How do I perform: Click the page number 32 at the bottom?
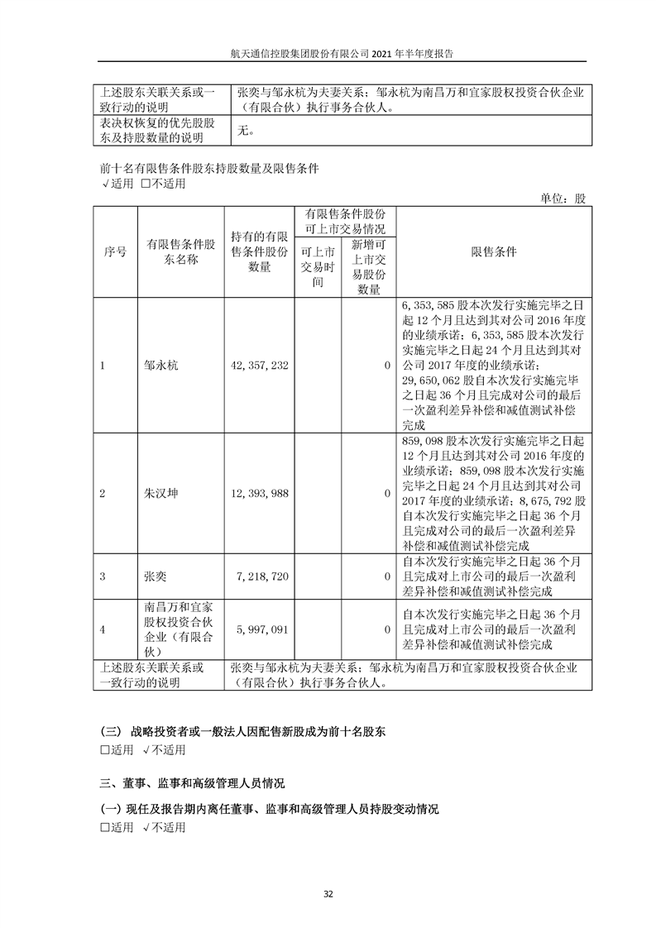click(328, 894)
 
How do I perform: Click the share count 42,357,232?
click(259, 365)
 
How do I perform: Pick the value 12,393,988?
click(259, 494)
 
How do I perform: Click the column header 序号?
click(115, 251)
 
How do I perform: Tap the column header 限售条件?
click(493, 251)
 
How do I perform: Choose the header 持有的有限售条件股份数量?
click(259, 252)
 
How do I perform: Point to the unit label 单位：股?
click(563, 199)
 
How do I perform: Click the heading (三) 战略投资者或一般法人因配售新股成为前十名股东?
click(242, 732)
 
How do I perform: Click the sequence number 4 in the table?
click(102, 629)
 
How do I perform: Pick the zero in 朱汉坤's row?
click(387, 494)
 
